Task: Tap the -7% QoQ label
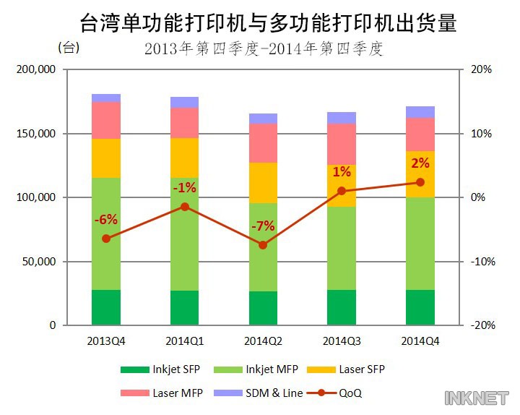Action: [263, 226]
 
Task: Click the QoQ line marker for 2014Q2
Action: [263, 245]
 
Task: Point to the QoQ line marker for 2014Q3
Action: [342, 191]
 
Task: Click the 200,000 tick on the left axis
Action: [35, 69]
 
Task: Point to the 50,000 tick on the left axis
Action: [38, 262]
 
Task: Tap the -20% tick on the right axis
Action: [482, 325]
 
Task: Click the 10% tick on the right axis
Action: [482, 134]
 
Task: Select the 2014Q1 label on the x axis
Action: [184, 340]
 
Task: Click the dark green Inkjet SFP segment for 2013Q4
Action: [105, 307]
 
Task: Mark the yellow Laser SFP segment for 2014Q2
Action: [263, 183]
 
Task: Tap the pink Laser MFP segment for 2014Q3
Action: [342, 144]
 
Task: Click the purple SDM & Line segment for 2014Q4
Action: [420, 112]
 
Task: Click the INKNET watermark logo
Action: [477, 398]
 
